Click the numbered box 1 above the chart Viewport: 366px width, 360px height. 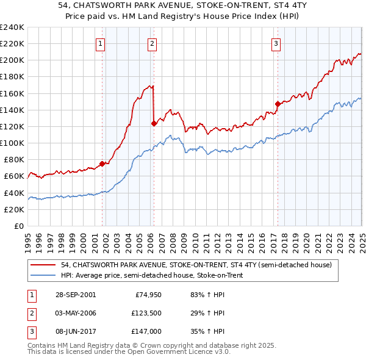99,43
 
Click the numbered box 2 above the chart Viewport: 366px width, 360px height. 151,43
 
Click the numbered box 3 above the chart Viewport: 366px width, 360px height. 276,43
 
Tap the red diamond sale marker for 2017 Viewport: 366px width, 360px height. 278,104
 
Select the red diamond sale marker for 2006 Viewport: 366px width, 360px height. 154,123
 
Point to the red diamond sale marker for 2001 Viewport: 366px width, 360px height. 102,164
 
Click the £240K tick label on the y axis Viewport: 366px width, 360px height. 12,27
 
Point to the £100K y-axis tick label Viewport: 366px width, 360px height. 12,143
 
